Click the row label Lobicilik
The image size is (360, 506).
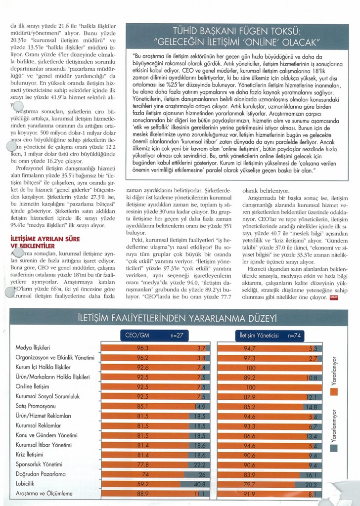pos(28,483)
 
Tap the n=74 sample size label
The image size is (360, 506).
pos(294,335)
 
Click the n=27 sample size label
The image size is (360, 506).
pos(176,335)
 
